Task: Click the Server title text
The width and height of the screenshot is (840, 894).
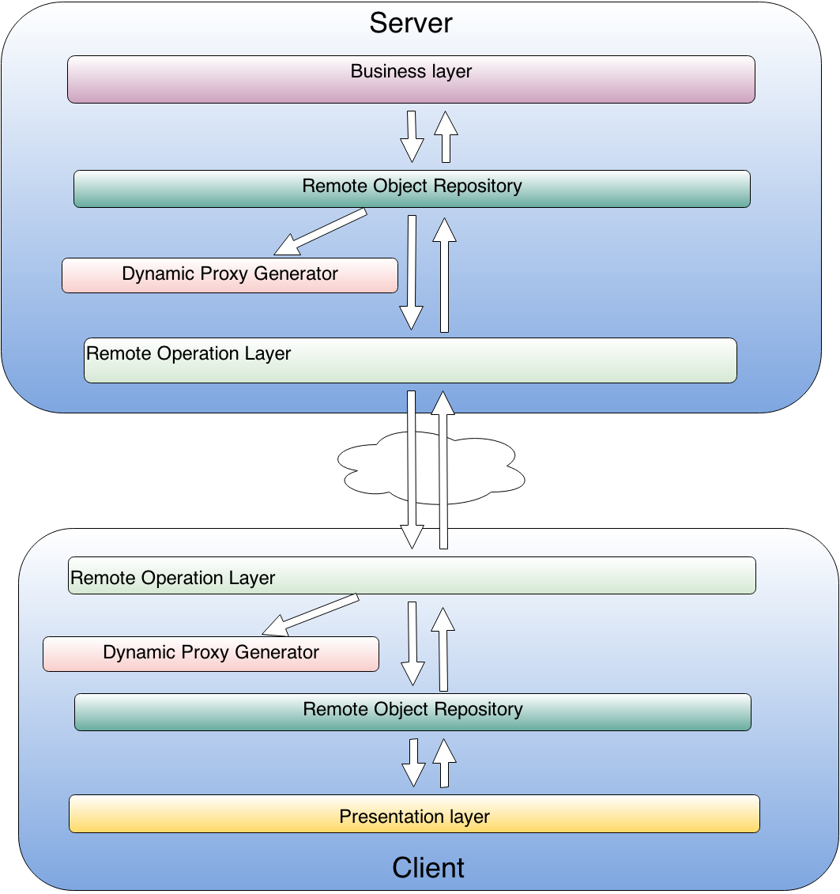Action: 410,24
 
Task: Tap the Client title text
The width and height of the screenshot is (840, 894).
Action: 428,868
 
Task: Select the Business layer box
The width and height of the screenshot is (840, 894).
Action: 411,79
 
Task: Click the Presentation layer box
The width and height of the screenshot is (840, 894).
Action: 414,813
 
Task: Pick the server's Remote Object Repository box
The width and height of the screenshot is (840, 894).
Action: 412,189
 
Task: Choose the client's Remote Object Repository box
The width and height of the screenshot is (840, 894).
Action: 412,712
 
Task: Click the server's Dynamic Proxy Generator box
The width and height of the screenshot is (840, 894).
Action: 230,275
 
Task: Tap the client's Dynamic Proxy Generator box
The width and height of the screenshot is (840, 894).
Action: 211,654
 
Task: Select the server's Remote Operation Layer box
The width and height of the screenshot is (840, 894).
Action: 410,360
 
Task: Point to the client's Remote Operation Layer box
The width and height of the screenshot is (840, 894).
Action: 412,575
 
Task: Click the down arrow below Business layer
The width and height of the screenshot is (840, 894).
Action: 412,137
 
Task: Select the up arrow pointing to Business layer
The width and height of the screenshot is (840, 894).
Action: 446,137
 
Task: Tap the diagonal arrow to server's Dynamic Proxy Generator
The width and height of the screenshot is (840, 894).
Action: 320,232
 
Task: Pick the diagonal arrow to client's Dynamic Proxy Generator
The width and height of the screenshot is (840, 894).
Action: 311,615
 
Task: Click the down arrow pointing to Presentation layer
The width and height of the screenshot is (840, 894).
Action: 414,763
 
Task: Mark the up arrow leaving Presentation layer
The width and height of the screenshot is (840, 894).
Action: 445,763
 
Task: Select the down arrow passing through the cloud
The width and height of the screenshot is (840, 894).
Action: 412,470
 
